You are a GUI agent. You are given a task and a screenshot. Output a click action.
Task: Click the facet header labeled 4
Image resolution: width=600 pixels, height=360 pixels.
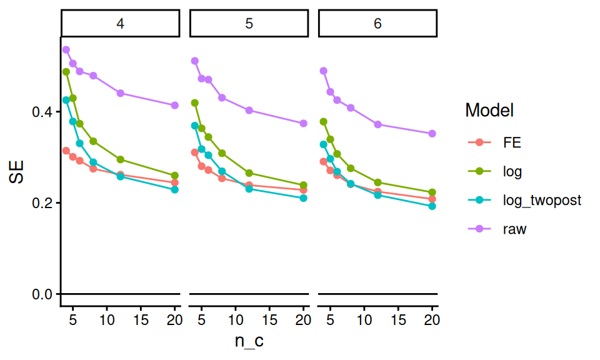[120, 24]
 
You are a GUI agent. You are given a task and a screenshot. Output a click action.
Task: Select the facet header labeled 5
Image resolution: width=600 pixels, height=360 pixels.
[249, 24]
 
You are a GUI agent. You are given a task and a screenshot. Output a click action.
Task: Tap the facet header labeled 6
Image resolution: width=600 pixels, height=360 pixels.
[377, 24]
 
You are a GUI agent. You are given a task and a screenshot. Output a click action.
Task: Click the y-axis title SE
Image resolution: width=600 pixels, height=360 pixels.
[17, 171]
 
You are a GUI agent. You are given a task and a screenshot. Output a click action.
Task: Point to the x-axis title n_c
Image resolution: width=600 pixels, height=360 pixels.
[249, 342]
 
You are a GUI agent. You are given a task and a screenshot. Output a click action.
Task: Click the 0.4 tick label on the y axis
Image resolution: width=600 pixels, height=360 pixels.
[42, 112]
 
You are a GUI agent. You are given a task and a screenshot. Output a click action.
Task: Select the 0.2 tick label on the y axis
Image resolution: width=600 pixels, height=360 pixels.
[42, 203]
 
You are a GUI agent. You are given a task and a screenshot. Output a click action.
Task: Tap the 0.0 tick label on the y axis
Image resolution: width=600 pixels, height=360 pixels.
[42, 294]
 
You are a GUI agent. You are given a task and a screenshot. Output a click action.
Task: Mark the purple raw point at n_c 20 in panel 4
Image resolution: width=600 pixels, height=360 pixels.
[175, 105]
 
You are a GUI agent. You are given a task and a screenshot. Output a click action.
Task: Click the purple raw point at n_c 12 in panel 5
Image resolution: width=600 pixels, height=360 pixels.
[249, 110]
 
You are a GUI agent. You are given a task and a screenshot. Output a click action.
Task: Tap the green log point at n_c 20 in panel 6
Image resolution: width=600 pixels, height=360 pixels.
[432, 192]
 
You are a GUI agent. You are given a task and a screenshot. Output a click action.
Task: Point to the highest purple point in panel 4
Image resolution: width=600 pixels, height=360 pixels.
[66, 49]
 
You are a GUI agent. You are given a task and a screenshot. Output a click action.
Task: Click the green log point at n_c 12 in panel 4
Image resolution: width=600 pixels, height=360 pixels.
[121, 159]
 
